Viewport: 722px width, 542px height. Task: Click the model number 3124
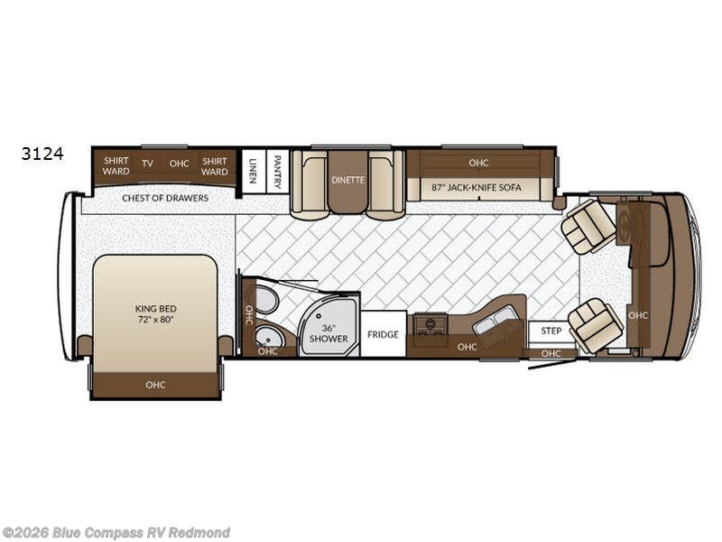[42, 154]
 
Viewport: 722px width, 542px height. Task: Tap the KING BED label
[155, 308]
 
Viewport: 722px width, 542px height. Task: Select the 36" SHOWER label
[329, 333]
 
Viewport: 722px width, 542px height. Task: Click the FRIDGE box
[383, 333]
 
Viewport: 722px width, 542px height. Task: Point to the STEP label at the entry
[551, 331]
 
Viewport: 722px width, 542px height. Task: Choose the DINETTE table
[348, 182]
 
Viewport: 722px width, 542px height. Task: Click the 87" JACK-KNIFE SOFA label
[477, 188]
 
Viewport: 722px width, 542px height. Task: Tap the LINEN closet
[254, 171]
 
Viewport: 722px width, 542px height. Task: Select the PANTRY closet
[277, 172]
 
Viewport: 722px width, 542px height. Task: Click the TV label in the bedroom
[147, 164]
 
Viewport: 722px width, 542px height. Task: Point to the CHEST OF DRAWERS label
[165, 198]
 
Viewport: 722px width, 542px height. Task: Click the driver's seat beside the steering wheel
[589, 227]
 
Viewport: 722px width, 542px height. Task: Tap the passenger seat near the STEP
[596, 326]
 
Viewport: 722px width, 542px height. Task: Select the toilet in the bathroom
[266, 299]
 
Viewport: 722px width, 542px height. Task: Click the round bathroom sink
[268, 336]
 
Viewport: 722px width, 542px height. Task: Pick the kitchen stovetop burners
[430, 323]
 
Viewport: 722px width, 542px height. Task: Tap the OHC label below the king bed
[155, 385]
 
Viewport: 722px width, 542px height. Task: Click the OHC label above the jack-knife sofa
[478, 163]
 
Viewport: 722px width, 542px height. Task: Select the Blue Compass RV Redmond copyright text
[116, 533]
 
